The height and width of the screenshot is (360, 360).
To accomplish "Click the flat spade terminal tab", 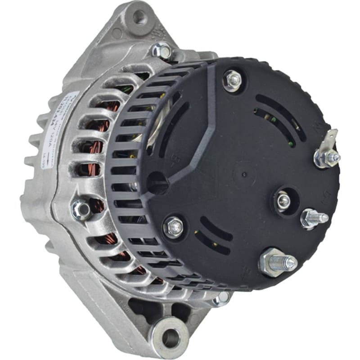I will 332,138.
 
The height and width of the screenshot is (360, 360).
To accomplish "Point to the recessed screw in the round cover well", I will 283,201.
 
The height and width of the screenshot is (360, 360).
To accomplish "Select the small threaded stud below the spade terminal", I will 315,218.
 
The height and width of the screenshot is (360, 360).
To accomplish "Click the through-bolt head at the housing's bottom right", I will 221,298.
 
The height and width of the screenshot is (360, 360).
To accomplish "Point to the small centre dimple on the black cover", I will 243,174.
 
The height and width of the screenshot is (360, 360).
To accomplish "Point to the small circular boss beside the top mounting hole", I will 117,33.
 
